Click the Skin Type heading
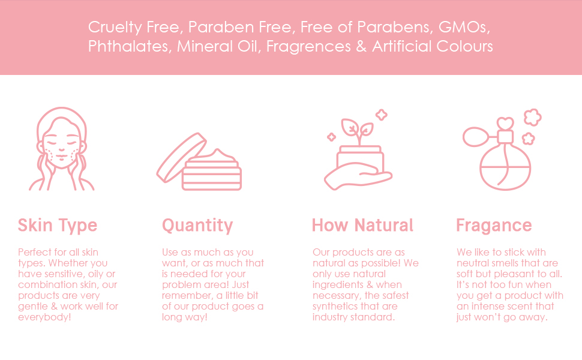(58, 226)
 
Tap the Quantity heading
(197, 226)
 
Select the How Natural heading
(362, 226)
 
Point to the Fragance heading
(494, 226)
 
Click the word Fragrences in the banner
(306, 47)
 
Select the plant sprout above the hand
(357, 130)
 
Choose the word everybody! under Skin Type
(44, 317)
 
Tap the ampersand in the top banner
(361, 47)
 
